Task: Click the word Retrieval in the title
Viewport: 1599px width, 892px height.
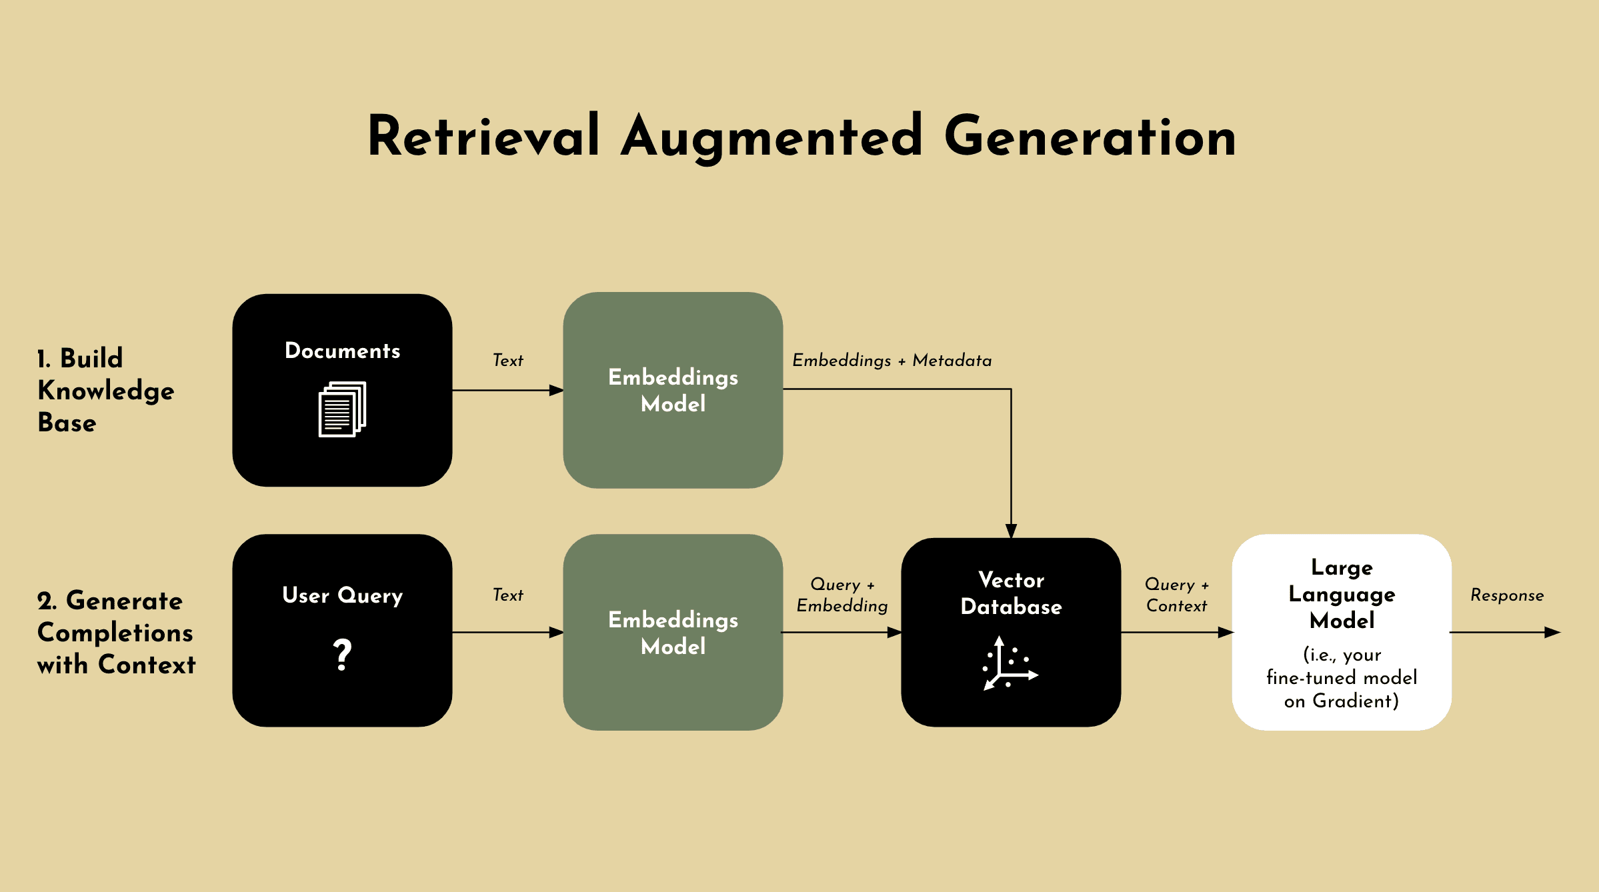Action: [x=483, y=136]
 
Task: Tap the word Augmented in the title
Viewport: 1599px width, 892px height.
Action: [x=772, y=138]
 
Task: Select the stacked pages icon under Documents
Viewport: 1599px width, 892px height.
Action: [x=342, y=409]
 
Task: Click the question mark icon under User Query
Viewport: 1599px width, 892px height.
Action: [x=342, y=654]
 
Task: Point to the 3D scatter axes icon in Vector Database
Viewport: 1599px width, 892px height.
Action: [x=1010, y=663]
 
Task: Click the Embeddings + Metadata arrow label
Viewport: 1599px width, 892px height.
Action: [x=892, y=360]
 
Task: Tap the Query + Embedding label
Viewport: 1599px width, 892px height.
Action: [x=842, y=595]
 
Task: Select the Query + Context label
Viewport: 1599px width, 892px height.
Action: [x=1177, y=595]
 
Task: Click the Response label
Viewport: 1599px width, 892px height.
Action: [x=1507, y=595]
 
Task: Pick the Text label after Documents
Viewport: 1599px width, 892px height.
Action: [x=508, y=360]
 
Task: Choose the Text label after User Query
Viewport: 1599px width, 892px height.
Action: [x=508, y=595]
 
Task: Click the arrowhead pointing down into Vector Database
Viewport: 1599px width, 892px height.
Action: [x=1011, y=531]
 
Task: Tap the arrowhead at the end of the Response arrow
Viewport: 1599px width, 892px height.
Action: [x=1553, y=632]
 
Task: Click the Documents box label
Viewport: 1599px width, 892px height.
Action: [x=342, y=351]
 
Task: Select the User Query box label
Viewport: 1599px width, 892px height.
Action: [x=342, y=595]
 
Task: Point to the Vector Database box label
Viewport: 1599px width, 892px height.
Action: [x=1011, y=593]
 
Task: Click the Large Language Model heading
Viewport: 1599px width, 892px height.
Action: [x=1342, y=593]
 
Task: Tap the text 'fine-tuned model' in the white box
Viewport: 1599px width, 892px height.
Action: [x=1342, y=677]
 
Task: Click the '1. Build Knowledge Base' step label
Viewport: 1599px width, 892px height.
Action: [x=105, y=390]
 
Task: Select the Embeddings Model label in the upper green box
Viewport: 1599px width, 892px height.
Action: [x=673, y=390]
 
